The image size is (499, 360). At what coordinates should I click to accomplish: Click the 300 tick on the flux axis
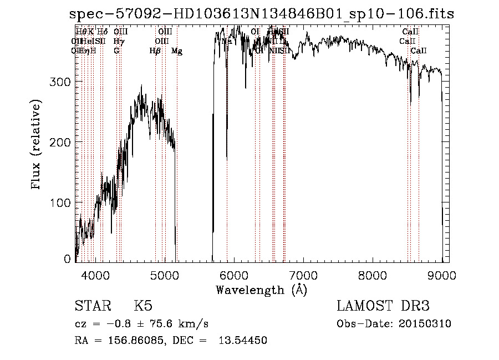pos(63,82)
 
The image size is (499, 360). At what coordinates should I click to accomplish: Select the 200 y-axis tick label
pos(63,143)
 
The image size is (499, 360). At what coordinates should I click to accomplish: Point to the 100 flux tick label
pos(63,203)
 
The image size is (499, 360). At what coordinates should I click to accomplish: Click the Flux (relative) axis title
pos(37,146)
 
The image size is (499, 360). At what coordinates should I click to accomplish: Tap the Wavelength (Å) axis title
pos(261,290)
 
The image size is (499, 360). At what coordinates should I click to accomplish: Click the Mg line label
pos(177,51)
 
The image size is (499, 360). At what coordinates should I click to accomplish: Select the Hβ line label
pos(155,51)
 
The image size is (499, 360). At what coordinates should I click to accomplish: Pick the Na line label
pos(227,41)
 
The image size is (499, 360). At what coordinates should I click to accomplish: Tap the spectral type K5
pos(143,306)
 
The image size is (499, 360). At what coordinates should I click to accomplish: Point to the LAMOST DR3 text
pos(383,306)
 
